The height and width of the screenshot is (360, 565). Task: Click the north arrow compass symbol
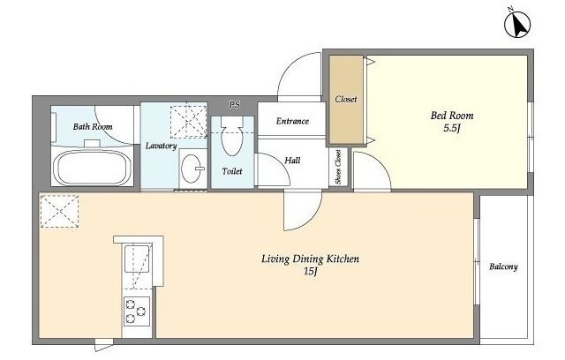pyautogui.click(x=517, y=25)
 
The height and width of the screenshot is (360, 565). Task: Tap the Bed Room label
pyautogui.click(x=452, y=116)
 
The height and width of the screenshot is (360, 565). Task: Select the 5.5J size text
pyautogui.click(x=452, y=128)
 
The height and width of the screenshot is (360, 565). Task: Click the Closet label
pyautogui.click(x=346, y=99)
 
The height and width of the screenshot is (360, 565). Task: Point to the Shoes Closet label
pyautogui.click(x=338, y=167)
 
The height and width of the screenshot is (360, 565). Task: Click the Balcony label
pyautogui.click(x=503, y=266)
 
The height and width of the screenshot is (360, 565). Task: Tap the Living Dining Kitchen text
pyautogui.click(x=310, y=259)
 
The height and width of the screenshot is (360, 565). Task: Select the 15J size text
pyautogui.click(x=310, y=272)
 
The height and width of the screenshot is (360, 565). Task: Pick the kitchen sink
pyautogui.click(x=137, y=259)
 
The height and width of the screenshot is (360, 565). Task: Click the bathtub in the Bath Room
pyautogui.click(x=93, y=168)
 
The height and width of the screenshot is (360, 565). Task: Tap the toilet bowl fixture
pyautogui.click(x=231, y=137)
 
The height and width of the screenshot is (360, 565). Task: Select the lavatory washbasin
pyautogui.click(x=192, y=169)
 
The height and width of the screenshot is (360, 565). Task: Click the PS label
pyautogui.click(x=234, y=105)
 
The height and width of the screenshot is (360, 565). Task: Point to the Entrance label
pyautogui.click(x=292, y=121)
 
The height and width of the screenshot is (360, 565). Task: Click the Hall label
pyautogui.click(x=292, y=161)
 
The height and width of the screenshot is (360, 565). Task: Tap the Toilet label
pyautogui.click(x=232, y=171)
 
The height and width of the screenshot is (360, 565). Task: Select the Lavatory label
pyautogui.click(x=161, y=146)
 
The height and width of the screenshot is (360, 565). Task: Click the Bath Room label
pyautogui.click(x=93, y=127)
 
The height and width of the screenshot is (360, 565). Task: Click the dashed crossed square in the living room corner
pyautogui.click(x=59, y=211)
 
